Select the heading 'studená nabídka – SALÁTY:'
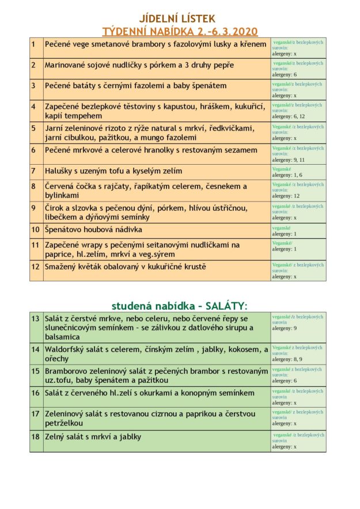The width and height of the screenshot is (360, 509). point(179,305)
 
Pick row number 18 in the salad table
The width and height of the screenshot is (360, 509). point(36,436)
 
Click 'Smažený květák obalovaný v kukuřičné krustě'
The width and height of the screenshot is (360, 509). point(126,267)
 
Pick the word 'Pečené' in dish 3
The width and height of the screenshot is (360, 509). point(59,85)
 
